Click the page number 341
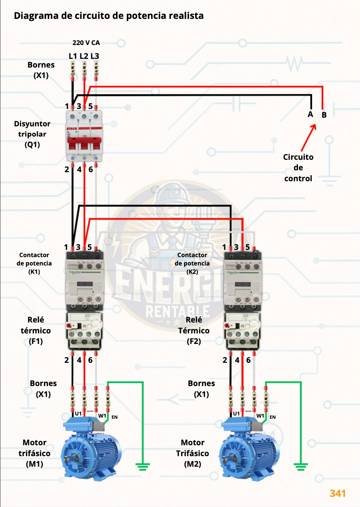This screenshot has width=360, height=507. click(x=337, y=493)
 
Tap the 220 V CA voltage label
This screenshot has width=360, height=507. click(x=86, y=43)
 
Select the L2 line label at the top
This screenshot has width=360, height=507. click(x=84, y=56)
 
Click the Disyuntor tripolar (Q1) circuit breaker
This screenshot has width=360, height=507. click(x=84, y=136)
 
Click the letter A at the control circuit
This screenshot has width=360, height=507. click(x=310, y=114)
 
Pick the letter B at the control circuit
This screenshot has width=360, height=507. click(x=324, y=115)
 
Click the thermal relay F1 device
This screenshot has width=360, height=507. click(x=85, y=330)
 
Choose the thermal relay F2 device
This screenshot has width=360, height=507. click(x=243, y=330)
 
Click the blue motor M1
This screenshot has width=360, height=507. click(x=91, y=450)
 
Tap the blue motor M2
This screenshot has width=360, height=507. click(x=249, y=450)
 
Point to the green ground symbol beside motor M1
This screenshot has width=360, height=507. click(x=143, y=466)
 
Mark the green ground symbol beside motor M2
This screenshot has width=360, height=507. click(x=301, y=466)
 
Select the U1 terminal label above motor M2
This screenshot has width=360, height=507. click(x=236, y=414)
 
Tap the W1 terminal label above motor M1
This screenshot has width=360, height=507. click(x=102, y=416)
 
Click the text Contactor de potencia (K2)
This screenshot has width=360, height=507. click(x=192, y=263)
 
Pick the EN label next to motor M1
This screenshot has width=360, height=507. click(x=115, y=417)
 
